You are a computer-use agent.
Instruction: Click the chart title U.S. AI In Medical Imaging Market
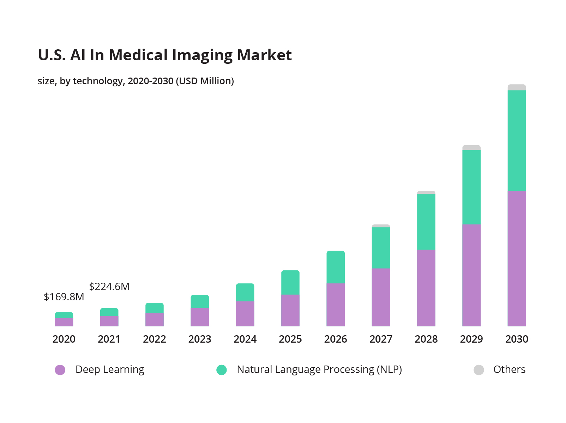(x=164, y=55)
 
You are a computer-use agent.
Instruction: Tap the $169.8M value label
(x=64, y=297)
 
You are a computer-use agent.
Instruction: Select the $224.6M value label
(x=109, y=287)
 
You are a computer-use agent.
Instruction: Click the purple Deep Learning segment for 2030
(x=517, y=258)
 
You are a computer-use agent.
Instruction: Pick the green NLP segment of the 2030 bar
(x=517, y=140)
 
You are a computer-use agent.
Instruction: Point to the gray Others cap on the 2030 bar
(x=517, y=87)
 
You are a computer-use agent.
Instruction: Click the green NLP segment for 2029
(x=471, y=187)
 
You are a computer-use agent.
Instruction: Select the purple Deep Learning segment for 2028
(x=426, y=288)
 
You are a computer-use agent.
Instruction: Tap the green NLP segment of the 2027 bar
(x=381, y=248)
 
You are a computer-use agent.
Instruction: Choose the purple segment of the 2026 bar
(x=336, y=305)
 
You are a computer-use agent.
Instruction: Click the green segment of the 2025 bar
(x=290, y=282)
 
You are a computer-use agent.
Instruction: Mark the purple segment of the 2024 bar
(x=245, y=314)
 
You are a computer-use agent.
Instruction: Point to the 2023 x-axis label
(x=200, y=339)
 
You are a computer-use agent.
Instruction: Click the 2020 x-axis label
(x=64, y=339)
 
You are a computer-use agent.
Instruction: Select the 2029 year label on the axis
(x=471, y=339)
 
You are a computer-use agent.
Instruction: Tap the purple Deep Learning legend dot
(x=60, y=370)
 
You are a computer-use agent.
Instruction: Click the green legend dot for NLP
(x=222, y=370)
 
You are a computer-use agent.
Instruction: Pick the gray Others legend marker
(x=478, y=370)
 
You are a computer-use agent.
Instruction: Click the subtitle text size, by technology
(x=136, y=81)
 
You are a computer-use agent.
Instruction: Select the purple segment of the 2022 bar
(x=155, y=319)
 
